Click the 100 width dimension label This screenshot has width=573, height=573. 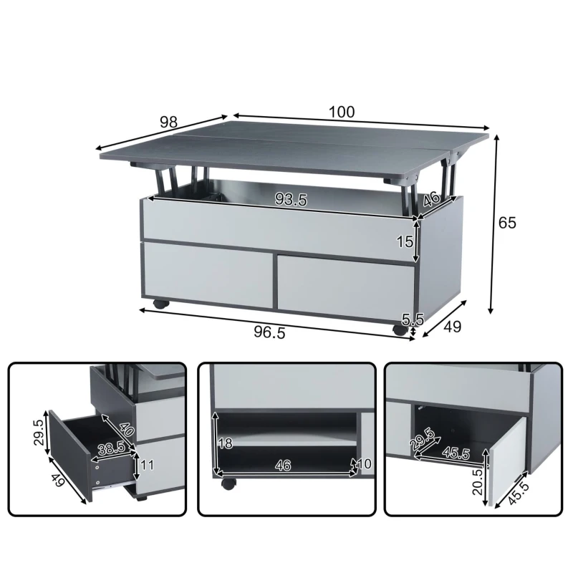click(342, 112)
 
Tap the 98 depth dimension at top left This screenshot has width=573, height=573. click(168, 122)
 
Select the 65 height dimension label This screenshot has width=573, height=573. click(507, 222)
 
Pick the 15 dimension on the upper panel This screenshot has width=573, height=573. click(405, 241)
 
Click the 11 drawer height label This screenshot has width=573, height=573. click(147, 465)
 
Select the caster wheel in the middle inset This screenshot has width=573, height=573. click(228, 483)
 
